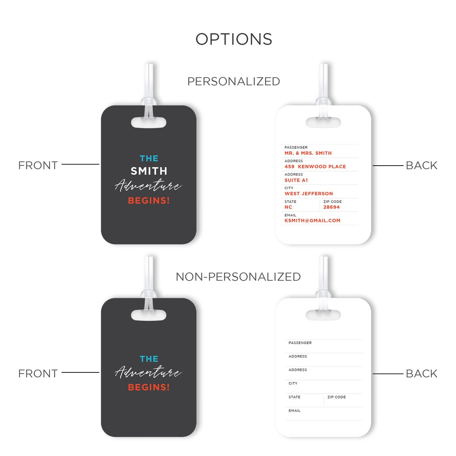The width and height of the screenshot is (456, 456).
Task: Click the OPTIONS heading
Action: click(234, 39)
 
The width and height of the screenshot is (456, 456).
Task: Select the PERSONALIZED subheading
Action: click(234, 81)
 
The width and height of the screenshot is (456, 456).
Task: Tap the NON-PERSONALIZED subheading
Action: click(238, 276)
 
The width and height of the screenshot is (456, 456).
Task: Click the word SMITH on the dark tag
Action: click(149, 171)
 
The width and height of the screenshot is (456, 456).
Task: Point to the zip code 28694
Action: click(332, 207)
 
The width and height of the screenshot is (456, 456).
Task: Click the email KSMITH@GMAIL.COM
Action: click(312, 220)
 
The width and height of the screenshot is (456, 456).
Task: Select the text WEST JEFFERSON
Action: click(308, 194)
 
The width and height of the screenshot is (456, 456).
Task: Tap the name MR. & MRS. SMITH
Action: click(308, 153)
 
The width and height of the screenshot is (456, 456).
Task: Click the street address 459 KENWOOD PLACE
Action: click(315, 167)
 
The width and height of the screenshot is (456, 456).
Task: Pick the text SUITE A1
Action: click(296, 180)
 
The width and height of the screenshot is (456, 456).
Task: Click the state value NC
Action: click(288, 207)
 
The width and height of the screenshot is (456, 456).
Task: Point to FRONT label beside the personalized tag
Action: click(38, 165)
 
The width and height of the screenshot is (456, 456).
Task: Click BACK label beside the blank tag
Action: click(422, 374)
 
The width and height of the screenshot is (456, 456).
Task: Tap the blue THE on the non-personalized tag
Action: click(149, 359)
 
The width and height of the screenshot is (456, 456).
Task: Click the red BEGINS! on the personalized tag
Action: click(149, 200)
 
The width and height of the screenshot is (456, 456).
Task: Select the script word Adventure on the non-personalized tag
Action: click(148, 372)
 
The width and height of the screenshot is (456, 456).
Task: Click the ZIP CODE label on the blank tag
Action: click(336, 397)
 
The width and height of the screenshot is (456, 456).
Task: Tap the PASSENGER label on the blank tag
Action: click(300, 343)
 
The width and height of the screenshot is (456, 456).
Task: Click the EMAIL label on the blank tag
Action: click(294, 411)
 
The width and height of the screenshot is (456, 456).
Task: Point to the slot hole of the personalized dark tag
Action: click(149, 122)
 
